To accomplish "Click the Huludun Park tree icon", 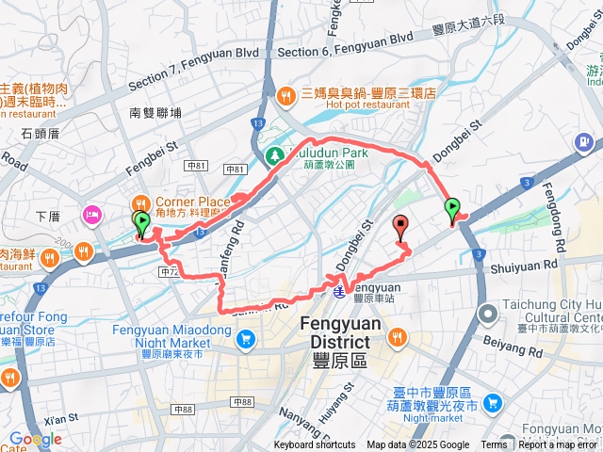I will pos(276,153).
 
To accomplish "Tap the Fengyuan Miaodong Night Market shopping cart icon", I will pos(246,338).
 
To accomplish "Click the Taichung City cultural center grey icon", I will pos(487,313).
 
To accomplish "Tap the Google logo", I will pos(36,439).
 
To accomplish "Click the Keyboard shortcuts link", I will pos(315,445).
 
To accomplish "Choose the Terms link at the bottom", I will pos(494,445).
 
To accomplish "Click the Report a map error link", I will pos(558,445).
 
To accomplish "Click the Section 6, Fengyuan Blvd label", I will pos(346,38).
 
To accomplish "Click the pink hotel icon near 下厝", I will pos(92,213).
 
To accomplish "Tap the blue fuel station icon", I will pos(585,142).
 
